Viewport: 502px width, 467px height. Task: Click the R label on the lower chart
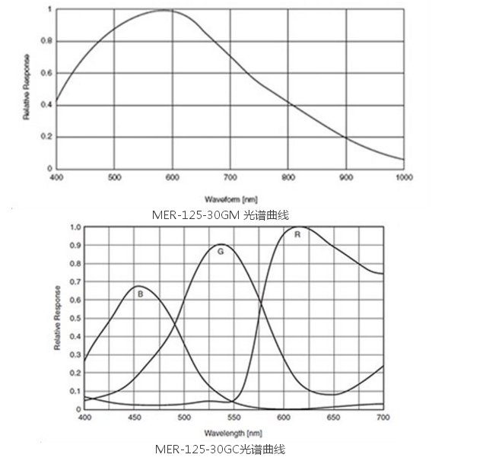click(x=297, y=235)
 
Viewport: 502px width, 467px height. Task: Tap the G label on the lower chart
click(x=221, y=250)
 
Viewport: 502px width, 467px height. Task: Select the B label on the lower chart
click(x=140, y=293)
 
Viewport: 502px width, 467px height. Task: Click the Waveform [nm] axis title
click(x=230, y=197)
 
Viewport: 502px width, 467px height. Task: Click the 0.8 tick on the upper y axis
click(x=47, y=41)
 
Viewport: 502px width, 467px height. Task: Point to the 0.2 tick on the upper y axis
click(x=47, y=137)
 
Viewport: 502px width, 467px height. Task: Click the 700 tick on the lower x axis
click(x=383, y=418)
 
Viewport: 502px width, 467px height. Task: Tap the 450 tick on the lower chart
click(x=134, y=418)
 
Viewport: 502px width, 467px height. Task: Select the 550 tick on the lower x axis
click(x=234, y=418)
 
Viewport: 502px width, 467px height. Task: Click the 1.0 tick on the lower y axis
click(x=75, y=227)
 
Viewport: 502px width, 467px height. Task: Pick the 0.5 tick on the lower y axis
click(x=75, y=318)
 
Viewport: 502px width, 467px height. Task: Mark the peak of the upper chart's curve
click(x=165, y=10)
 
